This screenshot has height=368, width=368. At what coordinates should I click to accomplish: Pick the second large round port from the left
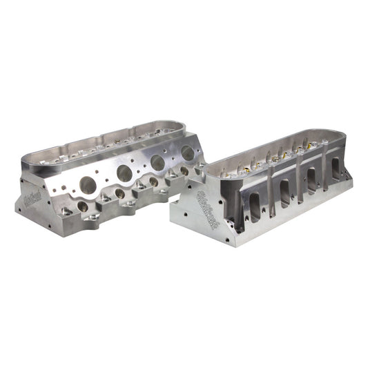tap(126, 173)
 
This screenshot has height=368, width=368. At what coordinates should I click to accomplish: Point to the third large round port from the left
tap(158, 163)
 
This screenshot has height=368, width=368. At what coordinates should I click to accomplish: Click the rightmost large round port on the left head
tap(185, 154)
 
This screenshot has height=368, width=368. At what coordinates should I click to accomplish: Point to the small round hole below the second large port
tap(120, 193)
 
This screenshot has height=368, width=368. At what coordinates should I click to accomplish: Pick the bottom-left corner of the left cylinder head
tap(17, 210)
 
